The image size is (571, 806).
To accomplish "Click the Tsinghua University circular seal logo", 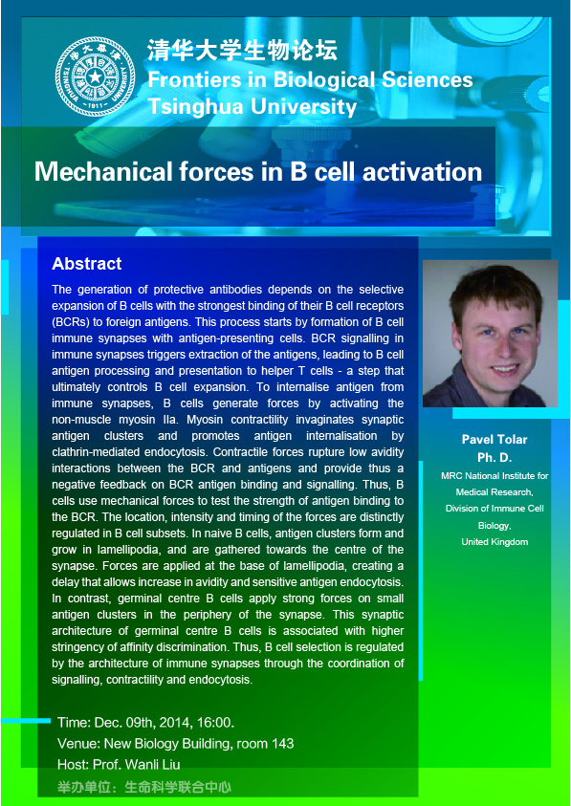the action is pos(96,76).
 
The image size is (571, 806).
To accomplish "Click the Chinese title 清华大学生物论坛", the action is pos(243,52).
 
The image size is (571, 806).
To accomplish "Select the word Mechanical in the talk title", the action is pos(103,171).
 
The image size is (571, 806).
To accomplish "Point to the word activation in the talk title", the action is pos(422,171).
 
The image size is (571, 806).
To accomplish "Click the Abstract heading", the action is pos(87,264).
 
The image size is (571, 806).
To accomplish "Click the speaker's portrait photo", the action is pos(490,334).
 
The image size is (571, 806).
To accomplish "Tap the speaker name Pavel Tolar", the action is pos(494,440).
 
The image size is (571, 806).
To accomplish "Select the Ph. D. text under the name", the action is pos(494,457).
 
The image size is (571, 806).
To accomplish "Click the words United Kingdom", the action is pos(494,542).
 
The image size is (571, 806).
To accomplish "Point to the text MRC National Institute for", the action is pos(494,476).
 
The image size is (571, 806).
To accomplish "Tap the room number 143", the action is pos(283,743).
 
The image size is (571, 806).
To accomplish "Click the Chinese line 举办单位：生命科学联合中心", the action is pos(144,787).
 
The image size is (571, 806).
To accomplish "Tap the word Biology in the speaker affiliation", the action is pos(494,525).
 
